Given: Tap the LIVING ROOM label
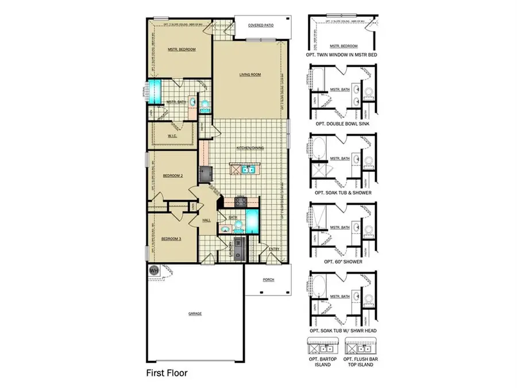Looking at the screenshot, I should pos(250,75).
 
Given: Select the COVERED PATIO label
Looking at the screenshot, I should pos(260,25).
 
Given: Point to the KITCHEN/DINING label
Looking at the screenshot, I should pos(250,148).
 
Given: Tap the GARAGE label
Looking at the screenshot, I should pos(195,313).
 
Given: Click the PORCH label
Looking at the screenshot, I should pos(268,280).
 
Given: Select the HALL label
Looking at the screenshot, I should pos(206,220).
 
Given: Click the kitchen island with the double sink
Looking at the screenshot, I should pos(244,170).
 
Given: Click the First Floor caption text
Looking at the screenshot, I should pos(167,372).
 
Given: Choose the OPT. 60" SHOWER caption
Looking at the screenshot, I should pos(342,262).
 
